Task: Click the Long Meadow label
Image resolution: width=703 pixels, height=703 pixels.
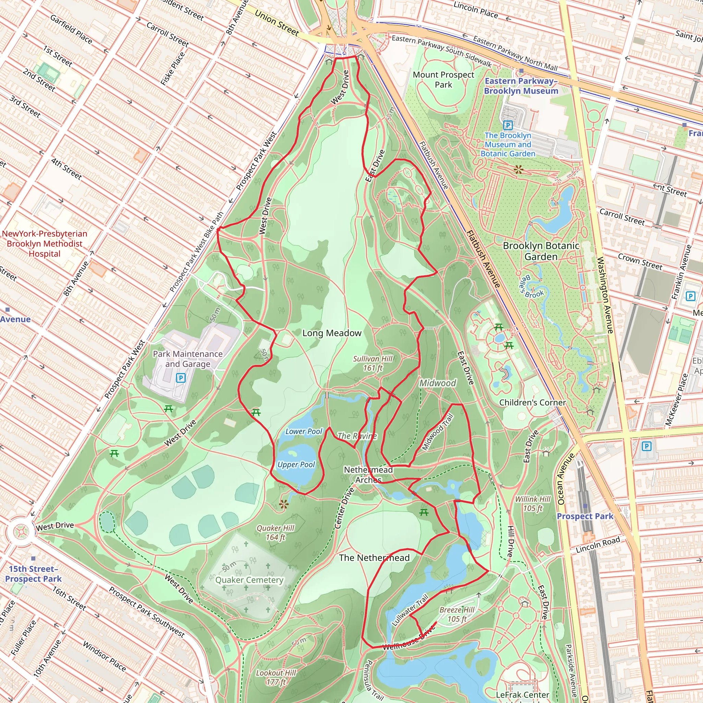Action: (x=332, y=333)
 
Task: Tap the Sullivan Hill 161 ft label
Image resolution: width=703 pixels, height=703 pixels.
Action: (x=372, y=363)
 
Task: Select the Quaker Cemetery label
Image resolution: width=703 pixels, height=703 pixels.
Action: (x=249, y=580)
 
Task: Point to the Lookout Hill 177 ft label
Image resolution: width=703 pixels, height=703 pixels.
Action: (x=276, y=677)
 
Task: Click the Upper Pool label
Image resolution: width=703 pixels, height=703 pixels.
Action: (x=296, y=465)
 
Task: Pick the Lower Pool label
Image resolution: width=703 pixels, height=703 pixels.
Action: (x=303, y=431)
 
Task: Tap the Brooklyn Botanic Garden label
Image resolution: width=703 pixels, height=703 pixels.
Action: (x=541, y=251)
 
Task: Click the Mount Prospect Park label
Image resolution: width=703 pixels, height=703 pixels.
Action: (x=443, y=80)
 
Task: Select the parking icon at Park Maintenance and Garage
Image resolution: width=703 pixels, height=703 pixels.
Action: (x=181, y=378)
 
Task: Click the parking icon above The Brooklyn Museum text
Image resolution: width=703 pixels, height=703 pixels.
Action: (x=508, y=126)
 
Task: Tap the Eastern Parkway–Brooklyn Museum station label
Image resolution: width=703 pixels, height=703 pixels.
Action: (x=521, y=86)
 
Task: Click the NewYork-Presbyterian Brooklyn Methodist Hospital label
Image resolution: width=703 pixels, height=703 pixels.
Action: (x=44, y=244)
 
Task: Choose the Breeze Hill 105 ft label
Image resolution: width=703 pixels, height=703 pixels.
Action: (x=457, y=614)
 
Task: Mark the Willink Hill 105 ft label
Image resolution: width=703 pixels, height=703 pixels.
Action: (x=533, y=504)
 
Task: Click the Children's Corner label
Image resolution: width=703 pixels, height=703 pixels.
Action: (x=532, y=402)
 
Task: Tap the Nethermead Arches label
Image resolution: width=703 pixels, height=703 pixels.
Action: (x=368, y=475)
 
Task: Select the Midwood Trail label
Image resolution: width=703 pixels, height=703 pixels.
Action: (x=438, y=432)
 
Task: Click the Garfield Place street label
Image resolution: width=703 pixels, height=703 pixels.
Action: (x=71, y=29)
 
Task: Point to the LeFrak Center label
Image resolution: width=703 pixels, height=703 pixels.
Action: (x=522, y=695)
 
